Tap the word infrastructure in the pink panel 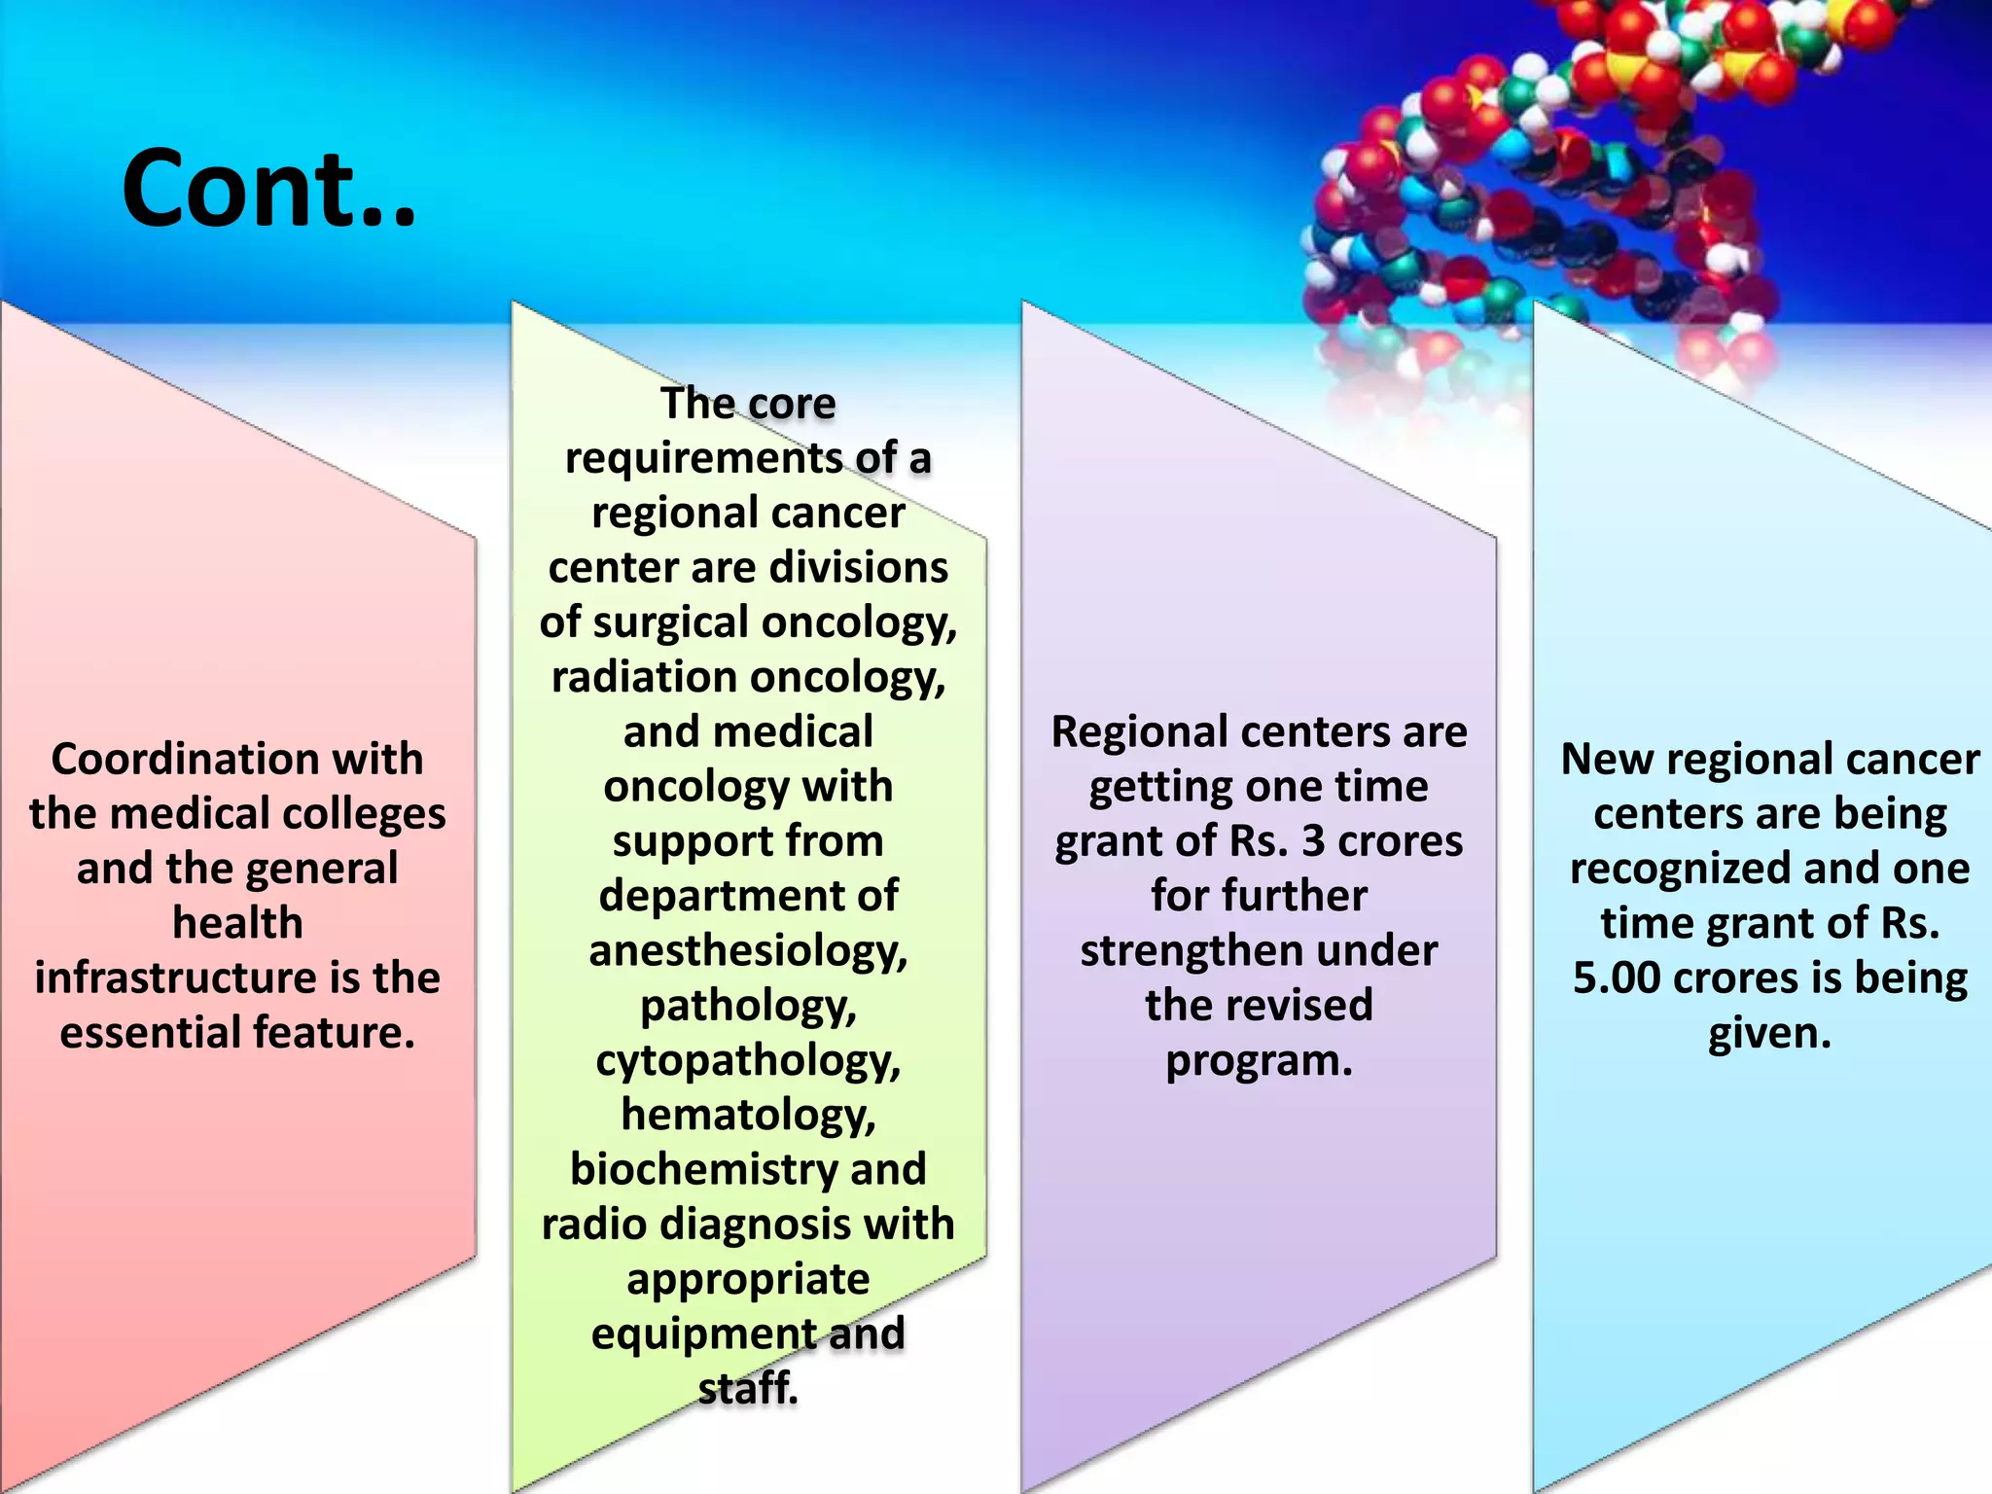pyautogui.click(x=176, y=978)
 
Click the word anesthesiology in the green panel pyautogui.click(x=747, y=951)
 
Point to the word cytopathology pyautogui.click(x=747, y=1061)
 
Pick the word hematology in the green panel pyautogui.click(x=747, y=1116)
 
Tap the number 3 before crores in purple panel pyautogui.click(x=1313, y=841)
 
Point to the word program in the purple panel pyautogui.click(x=1258, y=1061)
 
